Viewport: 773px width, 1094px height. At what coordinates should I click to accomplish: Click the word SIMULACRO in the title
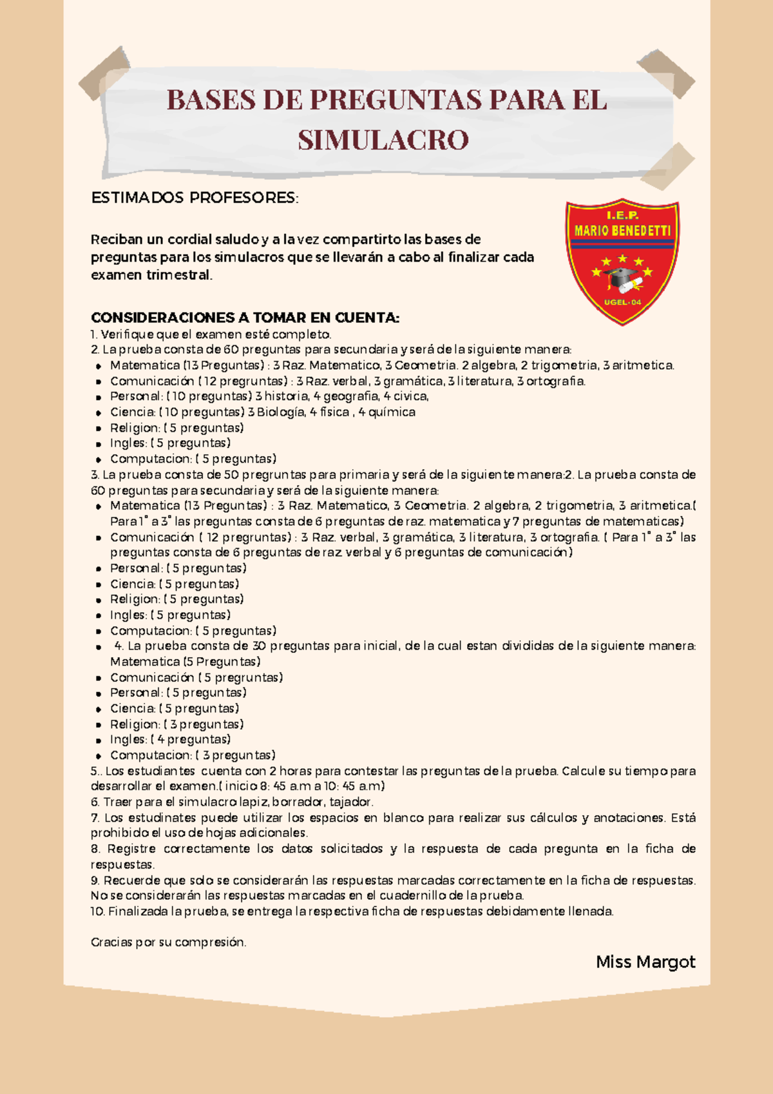pos(383,140)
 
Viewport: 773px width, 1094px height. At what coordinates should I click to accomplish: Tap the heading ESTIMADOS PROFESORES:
pos(195,198)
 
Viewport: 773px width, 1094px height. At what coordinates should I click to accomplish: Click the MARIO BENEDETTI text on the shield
pos(622,231)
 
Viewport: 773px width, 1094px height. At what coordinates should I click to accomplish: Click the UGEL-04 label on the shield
pos(622,302)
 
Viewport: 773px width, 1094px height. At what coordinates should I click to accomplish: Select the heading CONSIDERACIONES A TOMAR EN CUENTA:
pos(245,318)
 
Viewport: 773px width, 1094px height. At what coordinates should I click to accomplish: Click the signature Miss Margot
pos(645,962)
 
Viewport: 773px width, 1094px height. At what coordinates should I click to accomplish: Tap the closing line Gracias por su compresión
pos(168,942)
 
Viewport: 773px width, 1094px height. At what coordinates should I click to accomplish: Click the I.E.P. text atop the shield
pos(622,215)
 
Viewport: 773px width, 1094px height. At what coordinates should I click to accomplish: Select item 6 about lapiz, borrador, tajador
pos(232,802)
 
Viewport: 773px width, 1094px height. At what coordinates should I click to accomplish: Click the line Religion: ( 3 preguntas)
pos(177,724)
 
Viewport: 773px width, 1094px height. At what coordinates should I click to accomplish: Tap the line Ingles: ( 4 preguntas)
pos(170,740)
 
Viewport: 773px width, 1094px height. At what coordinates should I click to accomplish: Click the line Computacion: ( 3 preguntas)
pos(193,755)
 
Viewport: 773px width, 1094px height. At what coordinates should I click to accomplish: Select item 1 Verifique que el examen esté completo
pos(211,334)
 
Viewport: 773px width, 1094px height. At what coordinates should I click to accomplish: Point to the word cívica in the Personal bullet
pos(411,396)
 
